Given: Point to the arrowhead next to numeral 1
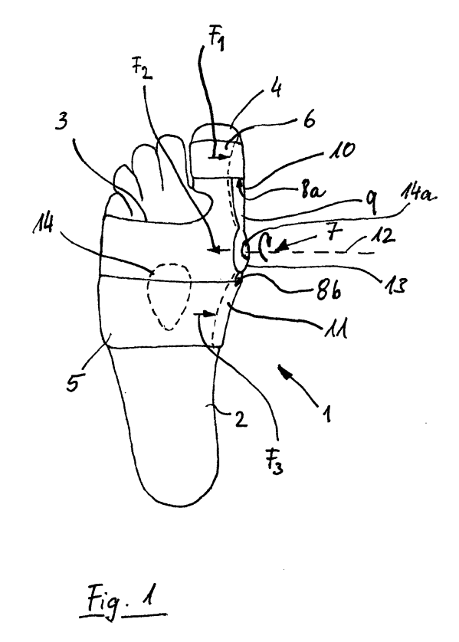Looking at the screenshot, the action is (x=284, y=370).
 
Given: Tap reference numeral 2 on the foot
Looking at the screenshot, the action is (x=241, y=419).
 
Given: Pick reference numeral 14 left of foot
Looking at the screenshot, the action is (x=44, y=224).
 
